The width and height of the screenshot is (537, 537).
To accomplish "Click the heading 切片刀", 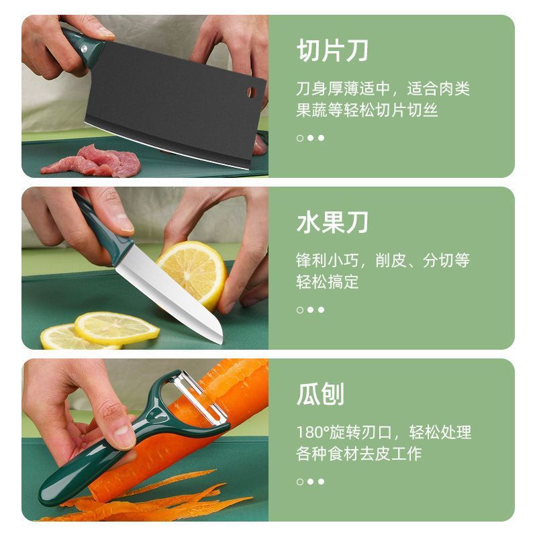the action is click(332, 51).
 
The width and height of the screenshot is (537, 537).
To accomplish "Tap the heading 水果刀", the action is click(332, 223).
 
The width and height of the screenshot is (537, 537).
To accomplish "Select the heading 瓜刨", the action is click(320, 394).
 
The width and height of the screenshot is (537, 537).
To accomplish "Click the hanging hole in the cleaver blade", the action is click(251, 92).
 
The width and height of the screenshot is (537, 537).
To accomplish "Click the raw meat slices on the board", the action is click(92, 161).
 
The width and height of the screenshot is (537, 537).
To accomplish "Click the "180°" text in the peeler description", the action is click(312, 432).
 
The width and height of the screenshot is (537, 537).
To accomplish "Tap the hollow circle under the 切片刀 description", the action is click(300, 138).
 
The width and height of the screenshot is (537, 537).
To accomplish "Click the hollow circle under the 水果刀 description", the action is click(300, 310).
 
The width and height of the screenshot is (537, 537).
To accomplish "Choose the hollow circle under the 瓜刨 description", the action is click(300, 482).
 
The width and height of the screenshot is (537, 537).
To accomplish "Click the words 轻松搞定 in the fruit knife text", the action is click(328, 282).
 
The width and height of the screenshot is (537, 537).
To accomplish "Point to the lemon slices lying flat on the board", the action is click(100, 330).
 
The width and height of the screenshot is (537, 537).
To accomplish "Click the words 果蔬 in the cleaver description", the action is click(312, 110).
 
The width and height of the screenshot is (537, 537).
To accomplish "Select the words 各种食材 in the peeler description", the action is click(328, 454).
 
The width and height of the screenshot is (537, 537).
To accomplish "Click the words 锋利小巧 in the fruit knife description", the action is click(328, 260).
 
